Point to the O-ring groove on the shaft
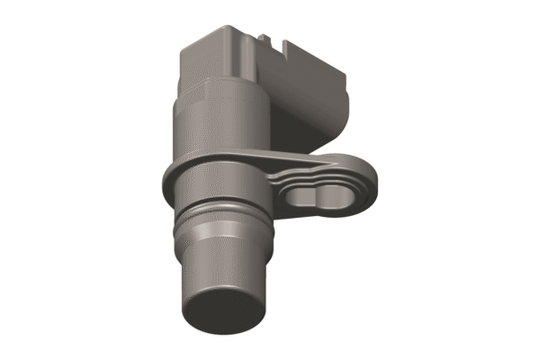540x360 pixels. tap(224, 221)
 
